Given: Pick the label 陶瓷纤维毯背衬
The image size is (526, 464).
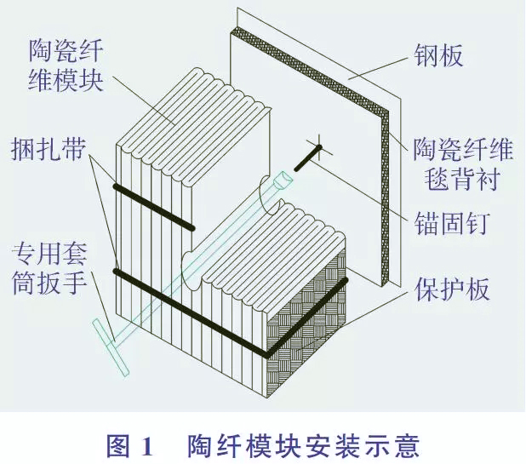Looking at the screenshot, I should click(462, 164).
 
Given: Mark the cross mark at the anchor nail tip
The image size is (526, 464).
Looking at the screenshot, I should click(319, 146).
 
